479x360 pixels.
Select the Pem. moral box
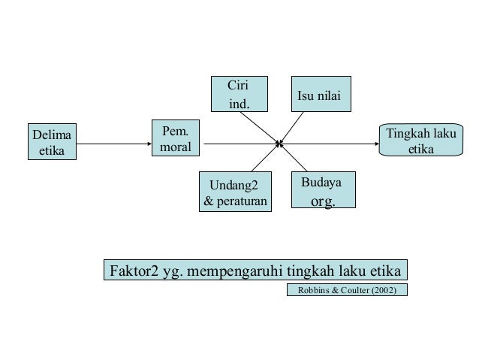click(x=176, y=139)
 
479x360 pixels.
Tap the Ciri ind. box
click(x=239, y=93)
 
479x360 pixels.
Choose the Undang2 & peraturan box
click(x=235, y=192)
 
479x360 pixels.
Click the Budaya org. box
click(x=323, y=191)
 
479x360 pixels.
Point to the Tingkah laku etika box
click(x=420, y=141)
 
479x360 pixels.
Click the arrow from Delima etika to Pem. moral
click(x=113, y=143)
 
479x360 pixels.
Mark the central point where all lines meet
click(x=279, y=143)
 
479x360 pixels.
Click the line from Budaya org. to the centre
click(x=294, y=157)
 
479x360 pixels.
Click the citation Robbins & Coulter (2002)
click(x=347, y=290)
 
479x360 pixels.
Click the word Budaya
click(x=321, y=183)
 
